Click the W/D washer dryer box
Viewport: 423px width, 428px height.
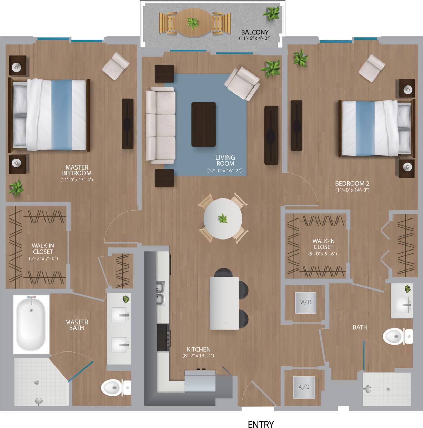click(305, 303)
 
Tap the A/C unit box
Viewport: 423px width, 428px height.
click(304, 387)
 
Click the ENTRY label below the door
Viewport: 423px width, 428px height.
click(261, 424)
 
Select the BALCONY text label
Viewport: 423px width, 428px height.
click(255, 32)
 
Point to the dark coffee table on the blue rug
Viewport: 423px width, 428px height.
click(204, 124)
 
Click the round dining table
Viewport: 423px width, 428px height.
click(223, 218)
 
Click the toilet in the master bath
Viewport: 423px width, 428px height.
click(114, 388)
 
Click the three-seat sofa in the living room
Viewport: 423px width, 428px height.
click(160, 125)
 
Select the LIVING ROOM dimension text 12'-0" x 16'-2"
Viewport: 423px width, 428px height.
click(224, 170)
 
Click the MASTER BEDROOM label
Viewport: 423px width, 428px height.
click(77, 170)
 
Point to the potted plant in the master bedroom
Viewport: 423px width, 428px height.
click(16, 188)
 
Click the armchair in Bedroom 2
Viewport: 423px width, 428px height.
click(372, 68)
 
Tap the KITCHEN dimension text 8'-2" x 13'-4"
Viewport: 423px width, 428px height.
click(198, 355)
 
